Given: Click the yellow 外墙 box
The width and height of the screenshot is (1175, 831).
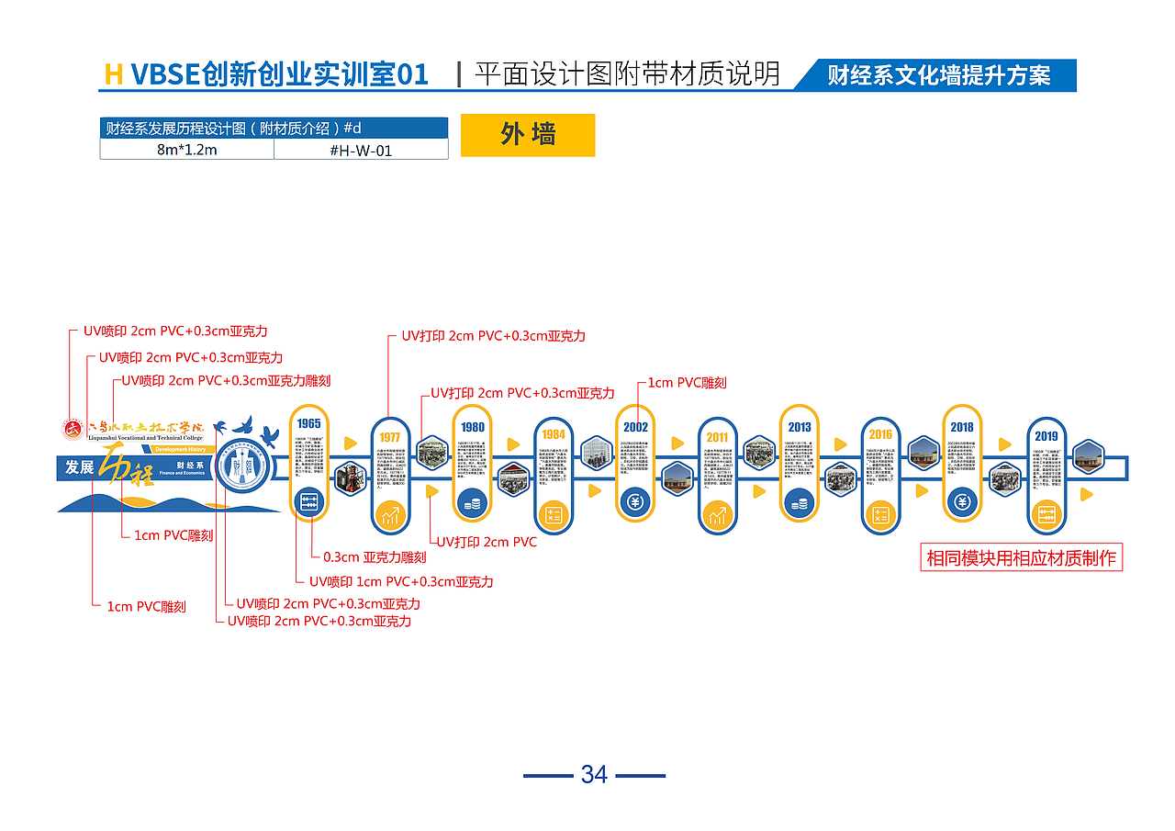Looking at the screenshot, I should (x=528, y=135).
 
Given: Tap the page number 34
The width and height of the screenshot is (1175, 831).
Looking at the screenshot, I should (x=594, y=775).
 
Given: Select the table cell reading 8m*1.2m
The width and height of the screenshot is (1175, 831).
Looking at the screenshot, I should (x=186, y=150).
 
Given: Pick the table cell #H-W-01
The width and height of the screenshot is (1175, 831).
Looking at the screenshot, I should (x=361, y=150).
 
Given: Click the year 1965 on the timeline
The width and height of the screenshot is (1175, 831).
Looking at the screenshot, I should (x=309, y=423).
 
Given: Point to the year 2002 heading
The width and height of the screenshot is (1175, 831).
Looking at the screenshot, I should (x=635, y=426).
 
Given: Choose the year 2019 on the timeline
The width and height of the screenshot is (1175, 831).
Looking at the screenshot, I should (x=1046, y=436).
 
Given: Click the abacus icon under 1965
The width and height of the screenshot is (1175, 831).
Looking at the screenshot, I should (x=309, y=501).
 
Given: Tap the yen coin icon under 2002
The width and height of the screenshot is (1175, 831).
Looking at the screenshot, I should (x=635, y=501).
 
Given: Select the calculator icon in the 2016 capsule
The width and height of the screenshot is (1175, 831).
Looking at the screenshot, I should (x=880, y=515).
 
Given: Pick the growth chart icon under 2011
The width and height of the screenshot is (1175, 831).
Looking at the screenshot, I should (x=717, y=515).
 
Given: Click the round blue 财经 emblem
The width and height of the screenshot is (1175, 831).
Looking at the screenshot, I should (x=243, y=466).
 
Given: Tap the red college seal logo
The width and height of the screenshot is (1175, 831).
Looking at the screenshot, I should (x=73, y=429).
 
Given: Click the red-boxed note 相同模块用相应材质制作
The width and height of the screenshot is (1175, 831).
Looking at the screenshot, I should (x=1021, y=557).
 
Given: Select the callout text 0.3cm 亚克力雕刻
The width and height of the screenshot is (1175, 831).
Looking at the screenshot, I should (x=375, y=557).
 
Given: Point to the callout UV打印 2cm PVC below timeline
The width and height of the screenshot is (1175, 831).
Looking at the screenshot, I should (x=486, y=542).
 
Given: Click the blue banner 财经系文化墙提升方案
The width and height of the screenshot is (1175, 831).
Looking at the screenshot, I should (x=938, y=75).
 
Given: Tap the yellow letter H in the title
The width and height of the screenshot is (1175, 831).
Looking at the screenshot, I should (x=114, y=74).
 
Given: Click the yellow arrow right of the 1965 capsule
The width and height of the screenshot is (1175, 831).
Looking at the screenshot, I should (x=350, y=444).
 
